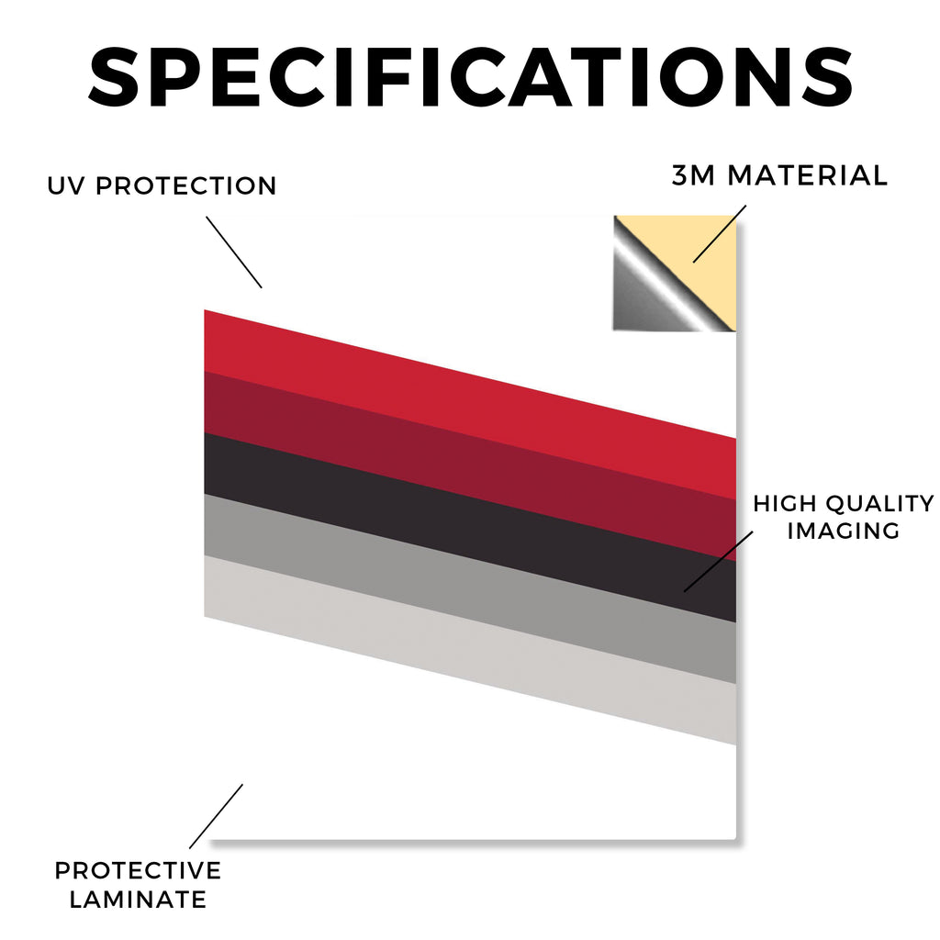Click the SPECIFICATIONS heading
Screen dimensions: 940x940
pyautogui.click(x=471, y=77)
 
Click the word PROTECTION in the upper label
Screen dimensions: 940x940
pyautogui.click(x=185, y=185)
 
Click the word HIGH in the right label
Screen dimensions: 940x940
pyautogui.click(x=786, y=504)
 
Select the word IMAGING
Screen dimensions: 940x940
pyautogui.click(x=844, y=531)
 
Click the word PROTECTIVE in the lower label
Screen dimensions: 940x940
pyautogui.click(x=138, y=870)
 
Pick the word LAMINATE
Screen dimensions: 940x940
pyautogui.click(x=138, y=900)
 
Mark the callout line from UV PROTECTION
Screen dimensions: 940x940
pyautogui.click(x=234, y=252)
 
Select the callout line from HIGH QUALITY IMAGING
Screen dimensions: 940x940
pyautogui.click(x=718, y=562)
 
